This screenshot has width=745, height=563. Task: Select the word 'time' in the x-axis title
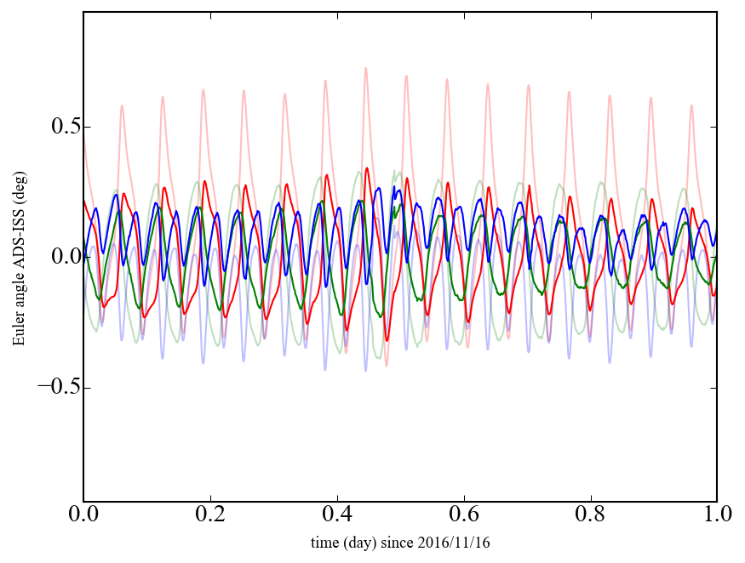pos(324,543)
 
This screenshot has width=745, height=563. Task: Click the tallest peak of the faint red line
pos(366,68)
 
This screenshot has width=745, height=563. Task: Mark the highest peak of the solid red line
pos(367,168)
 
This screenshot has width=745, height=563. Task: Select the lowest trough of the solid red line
pos(387,340)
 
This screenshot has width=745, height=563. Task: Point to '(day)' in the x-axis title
pos(361,543)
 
